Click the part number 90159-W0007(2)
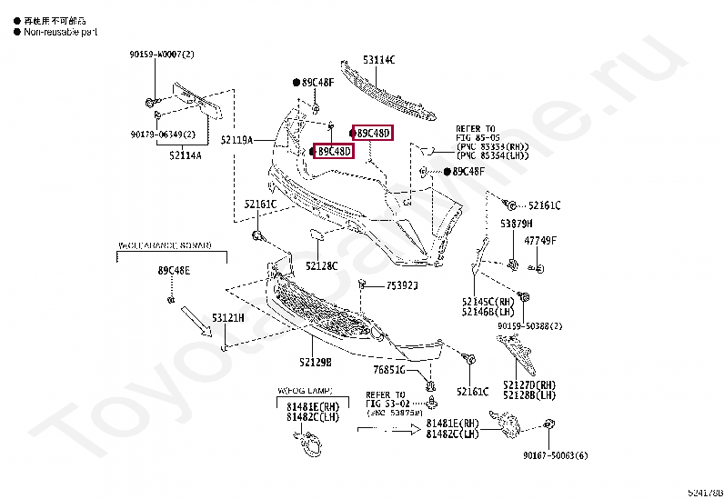(x=161, y=55)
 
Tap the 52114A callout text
(x=185, y=155)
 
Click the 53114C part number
(x=379, y=60)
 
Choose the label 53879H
(x=516, y=223)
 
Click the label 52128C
(x=321, y=266)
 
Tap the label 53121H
(x=228, y=318)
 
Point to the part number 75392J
(x=401, y=285)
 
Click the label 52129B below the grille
(x=315, y=362)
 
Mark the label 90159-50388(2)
(x=530, y=325)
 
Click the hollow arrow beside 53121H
(x=195, y=321)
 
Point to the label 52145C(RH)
(x=482, y=301)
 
